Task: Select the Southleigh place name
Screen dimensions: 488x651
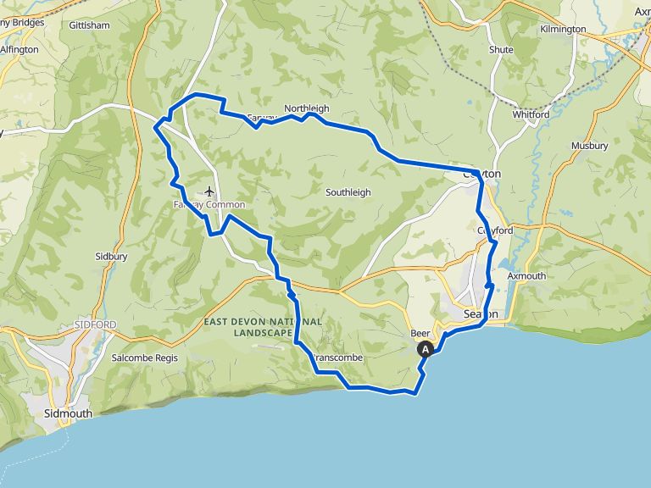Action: (348, 192)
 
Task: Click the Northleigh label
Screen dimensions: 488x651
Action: (306, 108)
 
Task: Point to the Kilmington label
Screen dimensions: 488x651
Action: (563, 29)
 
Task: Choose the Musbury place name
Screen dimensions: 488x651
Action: (589, 146)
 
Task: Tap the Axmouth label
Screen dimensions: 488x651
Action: (527, 276)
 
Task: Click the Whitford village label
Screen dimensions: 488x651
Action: (531, 114)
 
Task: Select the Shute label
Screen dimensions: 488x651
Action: (501, 50)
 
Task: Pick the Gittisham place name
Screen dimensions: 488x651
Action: (90, 25)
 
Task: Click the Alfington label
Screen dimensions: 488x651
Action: (19, 50)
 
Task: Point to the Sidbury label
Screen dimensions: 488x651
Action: (111, 255)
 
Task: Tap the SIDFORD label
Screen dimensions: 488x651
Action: (95, 324)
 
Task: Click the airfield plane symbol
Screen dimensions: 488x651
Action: (209, 191)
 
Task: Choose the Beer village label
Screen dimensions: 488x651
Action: (420, 333)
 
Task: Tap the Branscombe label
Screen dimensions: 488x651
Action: (338, 358)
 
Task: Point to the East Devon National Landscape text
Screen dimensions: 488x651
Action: (263, 327)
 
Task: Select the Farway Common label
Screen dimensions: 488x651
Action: (209, 204)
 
